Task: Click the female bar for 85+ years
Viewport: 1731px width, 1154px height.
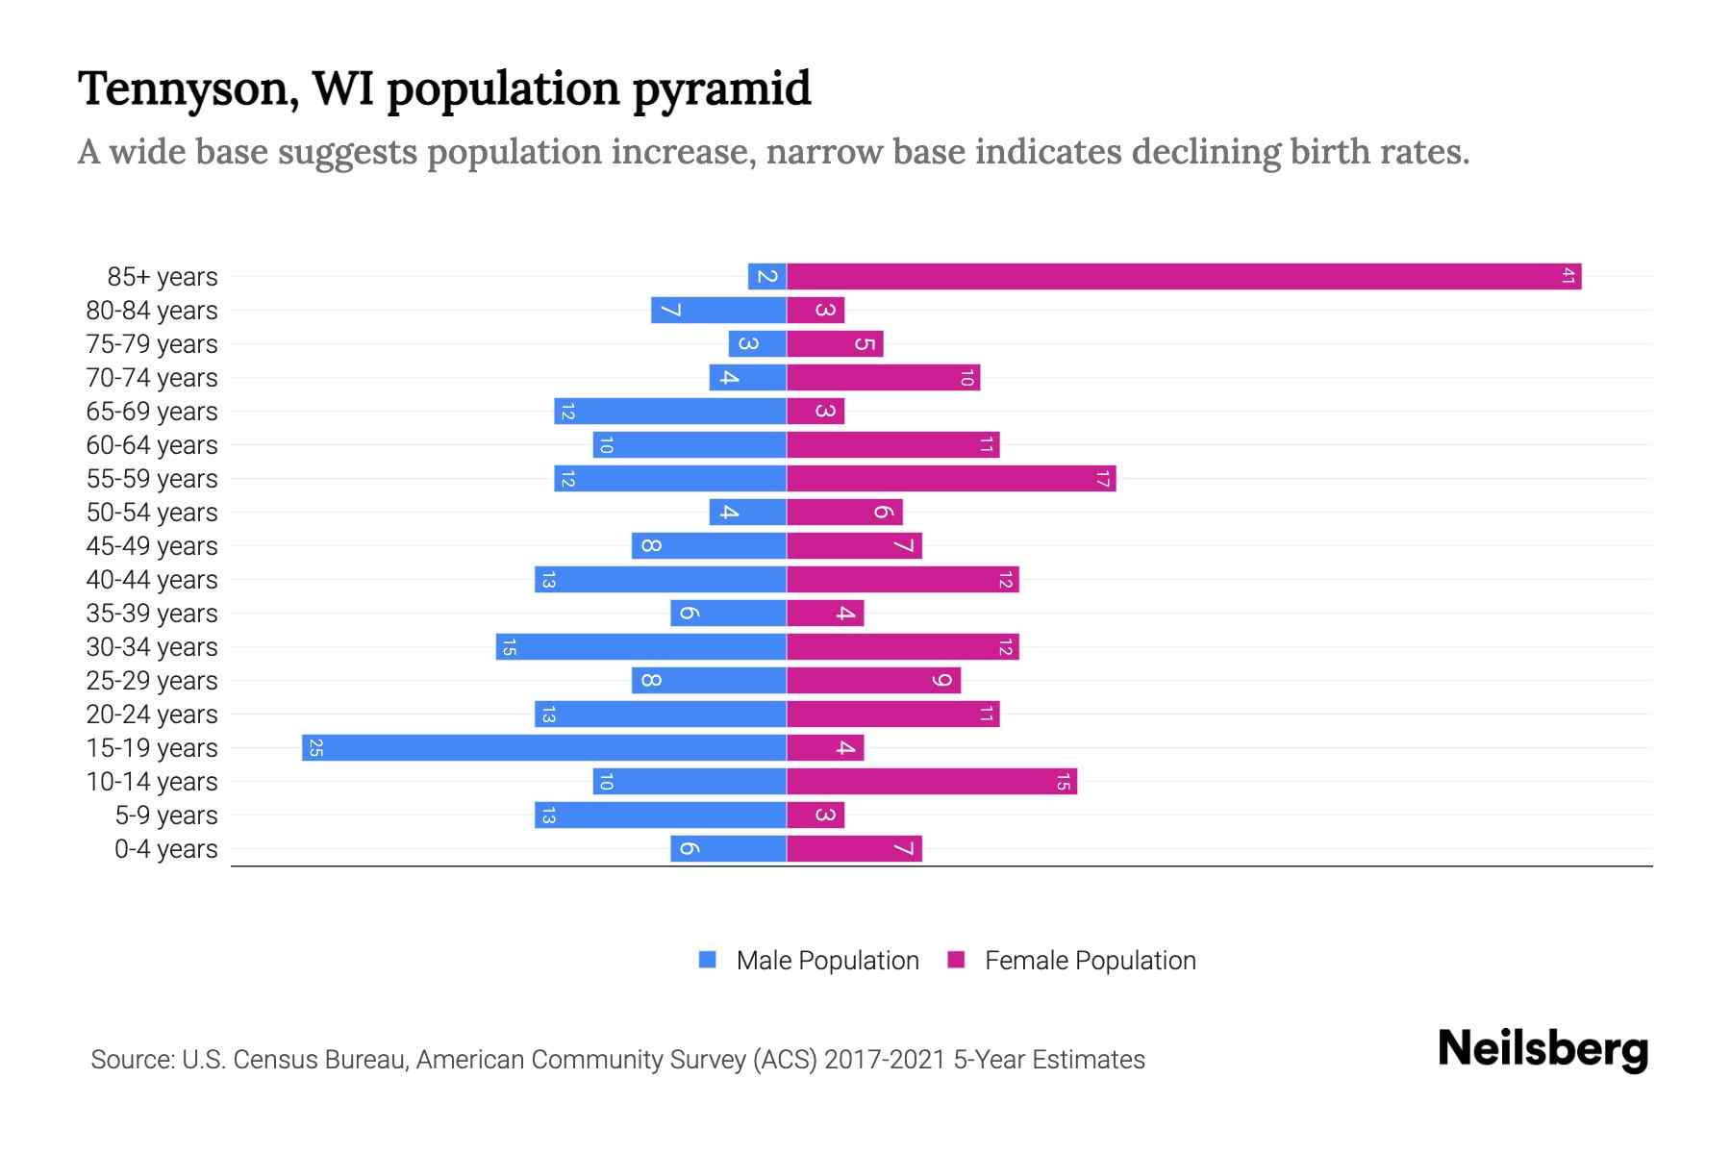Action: (1183, 276)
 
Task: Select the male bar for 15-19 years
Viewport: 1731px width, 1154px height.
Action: (544, 747)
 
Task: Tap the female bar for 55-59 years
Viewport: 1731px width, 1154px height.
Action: (951, 478)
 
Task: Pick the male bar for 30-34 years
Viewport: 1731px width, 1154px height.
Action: (641, 646)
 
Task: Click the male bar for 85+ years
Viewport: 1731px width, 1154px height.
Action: (767, 276)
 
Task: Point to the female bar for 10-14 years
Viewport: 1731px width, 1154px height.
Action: (932, 781)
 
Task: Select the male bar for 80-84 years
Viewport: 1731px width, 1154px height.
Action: (718, 310)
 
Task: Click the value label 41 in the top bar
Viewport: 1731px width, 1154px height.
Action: (1568, 276)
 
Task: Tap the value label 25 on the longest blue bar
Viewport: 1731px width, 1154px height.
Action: (315, 747)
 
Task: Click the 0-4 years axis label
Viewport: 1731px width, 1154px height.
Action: (165, 849)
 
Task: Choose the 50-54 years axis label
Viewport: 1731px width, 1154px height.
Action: (152, 513)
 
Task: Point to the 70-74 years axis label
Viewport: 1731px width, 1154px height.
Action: (152, 378)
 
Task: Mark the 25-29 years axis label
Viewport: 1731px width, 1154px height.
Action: (152, 681)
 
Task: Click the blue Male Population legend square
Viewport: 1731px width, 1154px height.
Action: (708, 960)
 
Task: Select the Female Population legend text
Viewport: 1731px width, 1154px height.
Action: (1090, 961)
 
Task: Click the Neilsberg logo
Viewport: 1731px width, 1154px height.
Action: (1543, 1049)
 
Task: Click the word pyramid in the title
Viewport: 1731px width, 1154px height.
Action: (721, 88)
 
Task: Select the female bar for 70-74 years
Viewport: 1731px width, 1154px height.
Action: (883, 377)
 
